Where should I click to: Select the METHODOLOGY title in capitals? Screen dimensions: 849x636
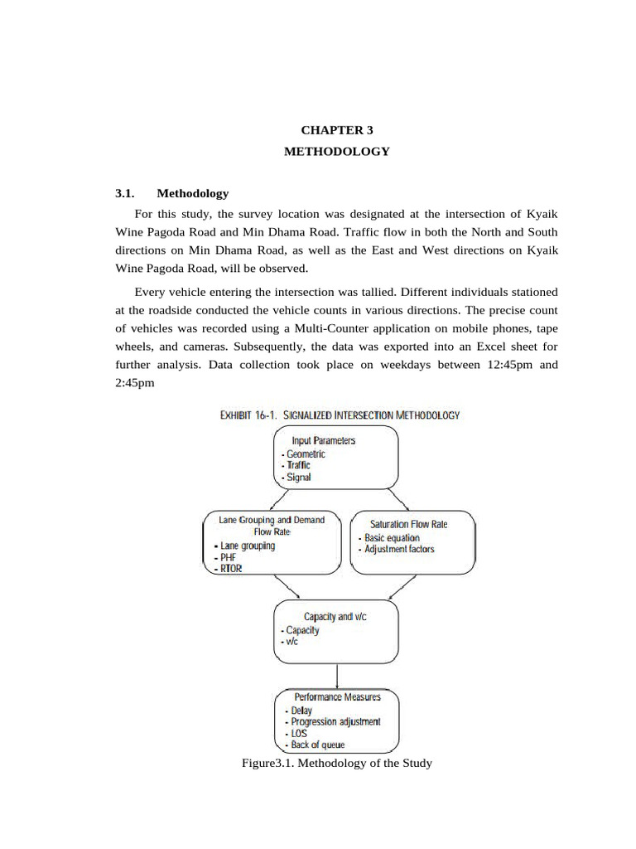(336, 152)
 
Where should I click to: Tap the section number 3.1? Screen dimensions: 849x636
(125, 193)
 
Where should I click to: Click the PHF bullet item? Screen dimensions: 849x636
(229, 558)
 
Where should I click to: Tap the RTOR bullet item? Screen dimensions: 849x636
(231, 570)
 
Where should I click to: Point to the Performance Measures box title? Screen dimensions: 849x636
(337, 697)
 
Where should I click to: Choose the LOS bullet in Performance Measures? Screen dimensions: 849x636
(300, 734)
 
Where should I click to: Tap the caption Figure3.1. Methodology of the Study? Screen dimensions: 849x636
(335, 763)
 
